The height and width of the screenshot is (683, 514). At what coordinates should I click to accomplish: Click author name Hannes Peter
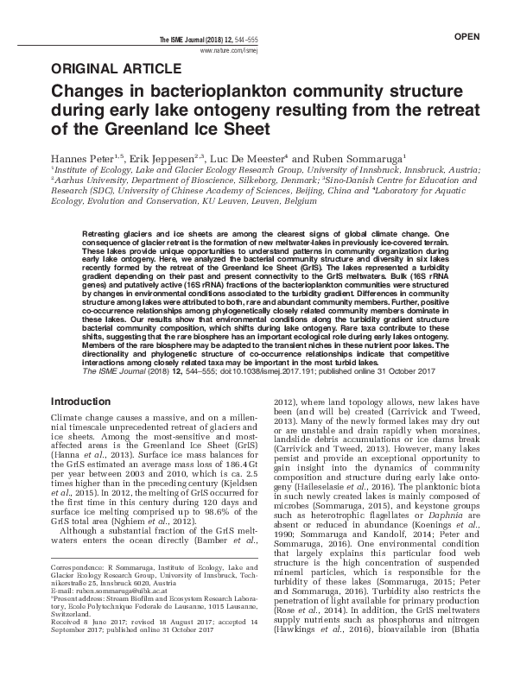[84, 160]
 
